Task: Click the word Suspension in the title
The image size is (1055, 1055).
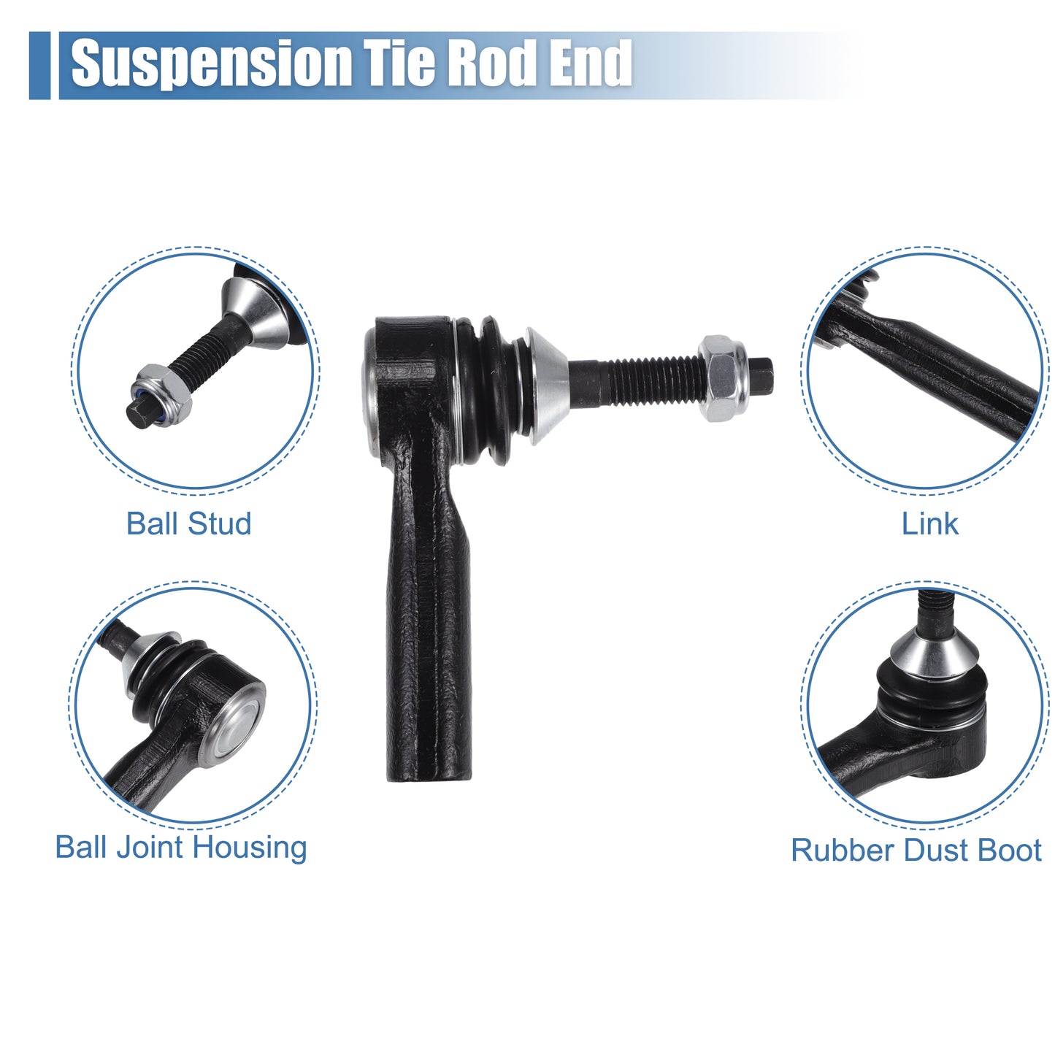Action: pos(211,64)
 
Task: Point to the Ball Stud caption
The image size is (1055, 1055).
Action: pos(189,524)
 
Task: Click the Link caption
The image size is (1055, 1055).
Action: pos(929,524)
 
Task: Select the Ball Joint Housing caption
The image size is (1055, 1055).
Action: pos(181,848)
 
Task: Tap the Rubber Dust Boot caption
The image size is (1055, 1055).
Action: pos(916,851)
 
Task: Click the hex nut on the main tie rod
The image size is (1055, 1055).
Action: pos(724,378)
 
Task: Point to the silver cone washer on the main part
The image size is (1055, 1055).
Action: pos(546,386)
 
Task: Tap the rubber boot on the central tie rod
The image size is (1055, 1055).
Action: pos(488,390)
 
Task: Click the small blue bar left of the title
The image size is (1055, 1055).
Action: pos(39,66)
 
